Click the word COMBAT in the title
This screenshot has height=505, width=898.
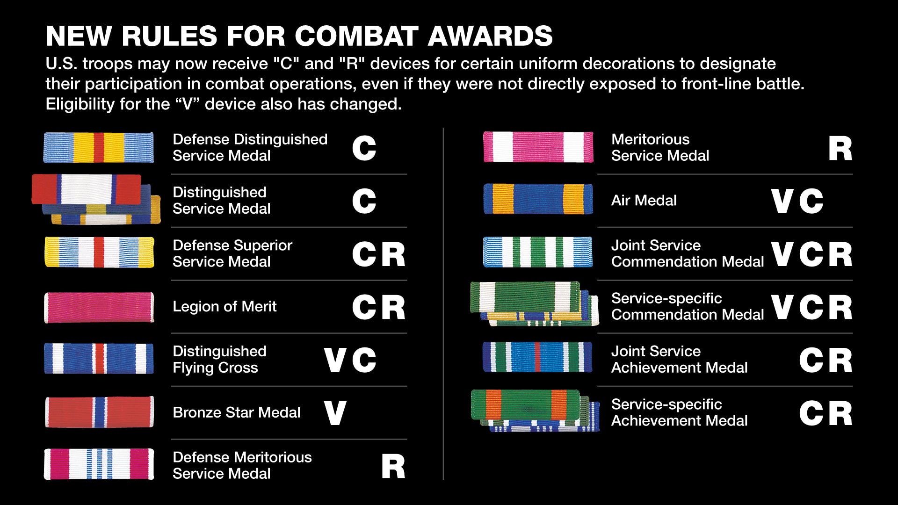(x=356, y=36)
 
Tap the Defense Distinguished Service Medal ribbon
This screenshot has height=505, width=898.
(x=99, y=147)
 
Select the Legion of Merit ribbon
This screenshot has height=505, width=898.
(x=99, y=307)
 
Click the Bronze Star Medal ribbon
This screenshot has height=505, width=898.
(x=99, y=412)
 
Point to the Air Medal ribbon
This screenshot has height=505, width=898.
(x=538, y=199)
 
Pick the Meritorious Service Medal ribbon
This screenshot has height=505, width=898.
(x=538, y=147)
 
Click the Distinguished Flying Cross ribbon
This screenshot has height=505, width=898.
(x=99, y=359)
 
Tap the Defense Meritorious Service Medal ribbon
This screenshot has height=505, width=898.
(x=99, y=464)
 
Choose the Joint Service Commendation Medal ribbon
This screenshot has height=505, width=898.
(x=538, y=252)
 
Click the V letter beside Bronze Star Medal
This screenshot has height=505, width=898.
(x=335, y=413)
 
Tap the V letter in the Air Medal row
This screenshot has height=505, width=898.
(x=782, y=201)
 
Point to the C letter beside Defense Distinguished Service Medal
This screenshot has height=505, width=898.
(x=364, y=149)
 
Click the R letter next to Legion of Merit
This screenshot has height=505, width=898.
(x=393, y=307)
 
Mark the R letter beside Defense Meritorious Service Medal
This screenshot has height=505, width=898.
(x=393, y=466)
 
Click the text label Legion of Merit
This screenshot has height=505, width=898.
(x=224, y=306)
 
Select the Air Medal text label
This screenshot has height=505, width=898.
(x=644, y=200)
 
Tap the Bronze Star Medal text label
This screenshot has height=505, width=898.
(x=237, y=412)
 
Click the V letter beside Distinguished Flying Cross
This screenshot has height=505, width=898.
(x=335, y=360)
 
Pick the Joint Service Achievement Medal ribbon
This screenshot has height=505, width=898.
(x=538, y=357)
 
